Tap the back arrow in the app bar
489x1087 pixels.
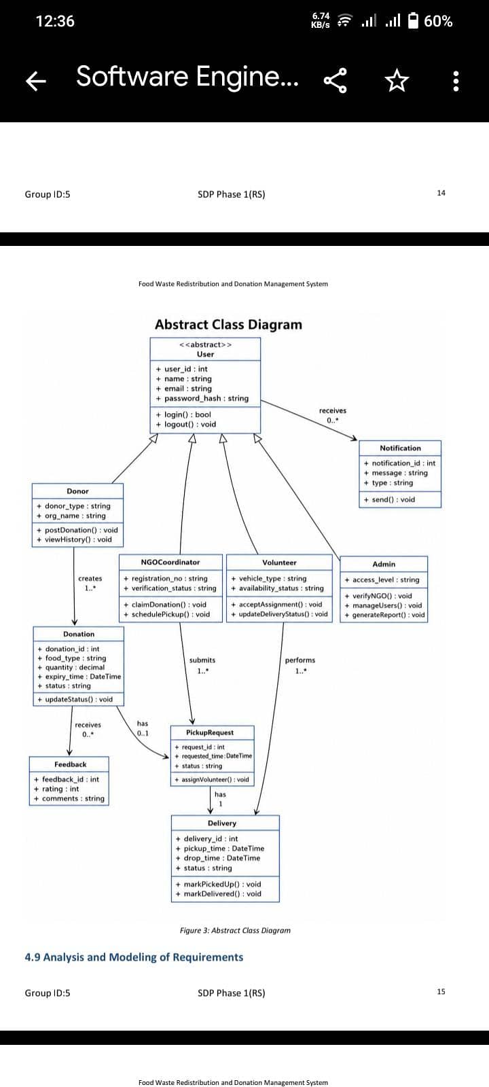click(36, 80)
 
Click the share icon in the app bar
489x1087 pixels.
click(336, 80)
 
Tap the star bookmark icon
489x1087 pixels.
click(397, 80)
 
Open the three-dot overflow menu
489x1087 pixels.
click(456, 81)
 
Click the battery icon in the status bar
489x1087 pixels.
click(413, 20)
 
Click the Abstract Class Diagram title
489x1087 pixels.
click(228, 324)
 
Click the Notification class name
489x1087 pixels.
click(400, 448)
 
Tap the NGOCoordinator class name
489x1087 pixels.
click(170, 562)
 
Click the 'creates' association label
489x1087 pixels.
click(90, 578)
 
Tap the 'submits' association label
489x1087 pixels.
click(202, 660)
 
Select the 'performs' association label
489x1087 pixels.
click(300, 660)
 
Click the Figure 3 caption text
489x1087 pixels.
click(235, 930)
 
